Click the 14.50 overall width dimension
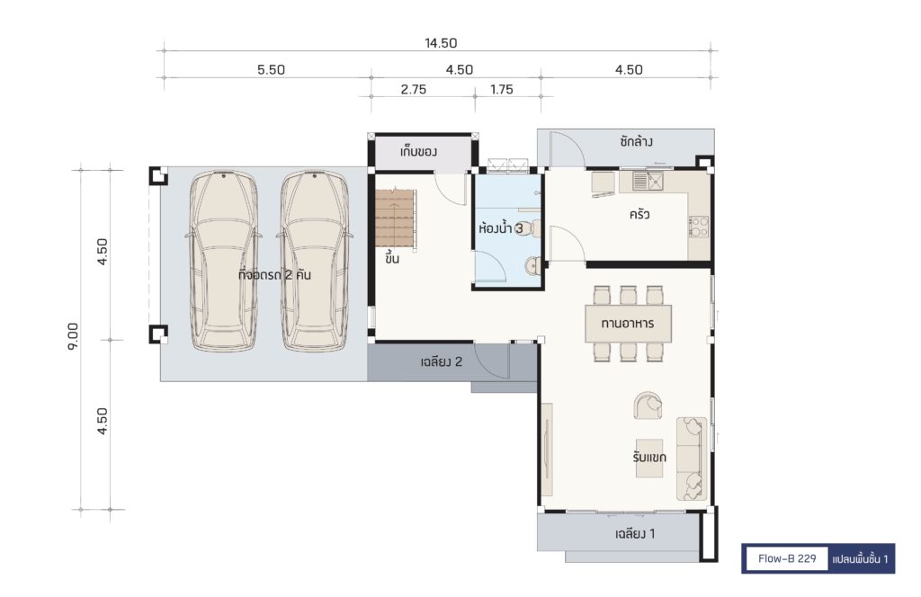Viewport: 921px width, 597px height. click(441, 43)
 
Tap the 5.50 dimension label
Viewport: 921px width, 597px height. click(271, 70)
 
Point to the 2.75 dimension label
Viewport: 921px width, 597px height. click(414, 89)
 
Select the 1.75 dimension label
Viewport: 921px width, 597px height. click(502, 89)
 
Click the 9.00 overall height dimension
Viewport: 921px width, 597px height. click(74, 336)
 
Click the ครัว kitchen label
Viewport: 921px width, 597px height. click(639, 214)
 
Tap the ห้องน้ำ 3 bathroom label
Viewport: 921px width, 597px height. click(500, 227)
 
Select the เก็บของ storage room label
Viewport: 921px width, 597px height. click(418, 152)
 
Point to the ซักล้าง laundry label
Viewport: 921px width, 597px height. click(636, 141)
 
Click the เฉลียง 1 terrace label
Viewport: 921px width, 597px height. click(635, 533)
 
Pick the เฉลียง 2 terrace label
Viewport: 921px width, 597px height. click(441, 361)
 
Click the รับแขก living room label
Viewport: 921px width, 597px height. click(649, 457)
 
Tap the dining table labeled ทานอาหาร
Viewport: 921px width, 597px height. click(628, 324)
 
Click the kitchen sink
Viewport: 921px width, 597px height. click(648, 182)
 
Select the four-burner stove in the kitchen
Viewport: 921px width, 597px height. click(699, 227)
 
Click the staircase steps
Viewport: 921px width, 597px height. click(396, 218)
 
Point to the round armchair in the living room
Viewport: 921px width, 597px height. click(648, 405)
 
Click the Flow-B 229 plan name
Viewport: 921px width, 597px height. click(787, 558)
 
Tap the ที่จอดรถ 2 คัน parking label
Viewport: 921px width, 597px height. click(274, 275)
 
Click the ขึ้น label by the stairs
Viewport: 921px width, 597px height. click(392, 258)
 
